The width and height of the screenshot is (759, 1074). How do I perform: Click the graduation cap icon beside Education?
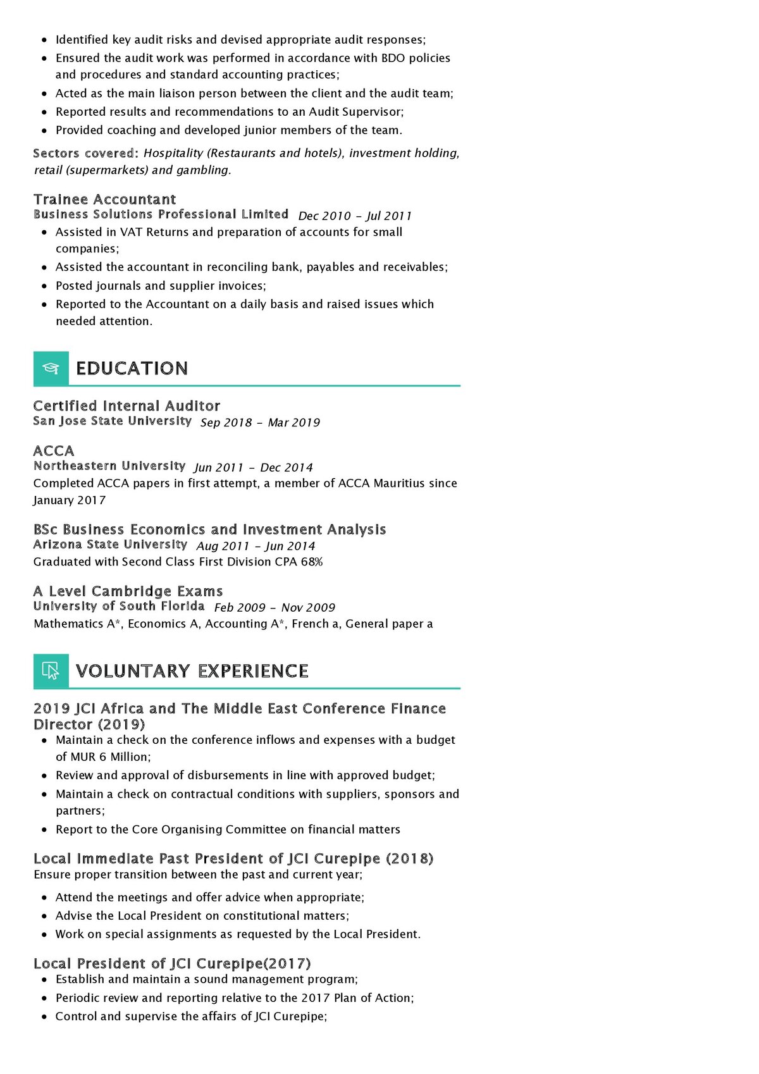[51, 368]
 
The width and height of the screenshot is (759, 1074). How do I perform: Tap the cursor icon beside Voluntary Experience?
[51, 670]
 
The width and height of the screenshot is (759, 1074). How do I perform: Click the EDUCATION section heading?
[132, 368]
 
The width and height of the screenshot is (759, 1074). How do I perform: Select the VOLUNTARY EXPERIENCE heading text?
[192, 670]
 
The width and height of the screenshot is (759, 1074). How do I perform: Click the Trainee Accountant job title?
[104, 199]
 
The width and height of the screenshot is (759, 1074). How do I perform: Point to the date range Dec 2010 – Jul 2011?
[355, 216]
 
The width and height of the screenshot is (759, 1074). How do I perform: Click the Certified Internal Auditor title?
[126, 405]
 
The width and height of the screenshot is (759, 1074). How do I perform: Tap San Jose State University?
[112, 421]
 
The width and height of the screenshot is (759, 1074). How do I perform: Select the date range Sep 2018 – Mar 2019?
[260, 423]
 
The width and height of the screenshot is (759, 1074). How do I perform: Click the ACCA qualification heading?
[54, 450]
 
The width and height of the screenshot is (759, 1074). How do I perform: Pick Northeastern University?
[109, 466]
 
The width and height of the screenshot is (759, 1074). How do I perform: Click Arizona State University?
[110, 545]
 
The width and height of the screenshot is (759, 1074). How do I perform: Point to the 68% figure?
[312, 562]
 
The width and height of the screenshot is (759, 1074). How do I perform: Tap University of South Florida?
[119, 606]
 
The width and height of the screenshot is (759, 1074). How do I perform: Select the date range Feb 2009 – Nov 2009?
[275, 608]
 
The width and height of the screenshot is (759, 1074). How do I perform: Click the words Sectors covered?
[84, 153]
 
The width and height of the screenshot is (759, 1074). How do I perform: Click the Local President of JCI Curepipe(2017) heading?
[172, 963]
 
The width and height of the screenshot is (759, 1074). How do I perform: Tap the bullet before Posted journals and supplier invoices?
[44, 286]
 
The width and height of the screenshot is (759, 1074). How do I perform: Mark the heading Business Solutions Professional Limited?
[161, 214]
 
